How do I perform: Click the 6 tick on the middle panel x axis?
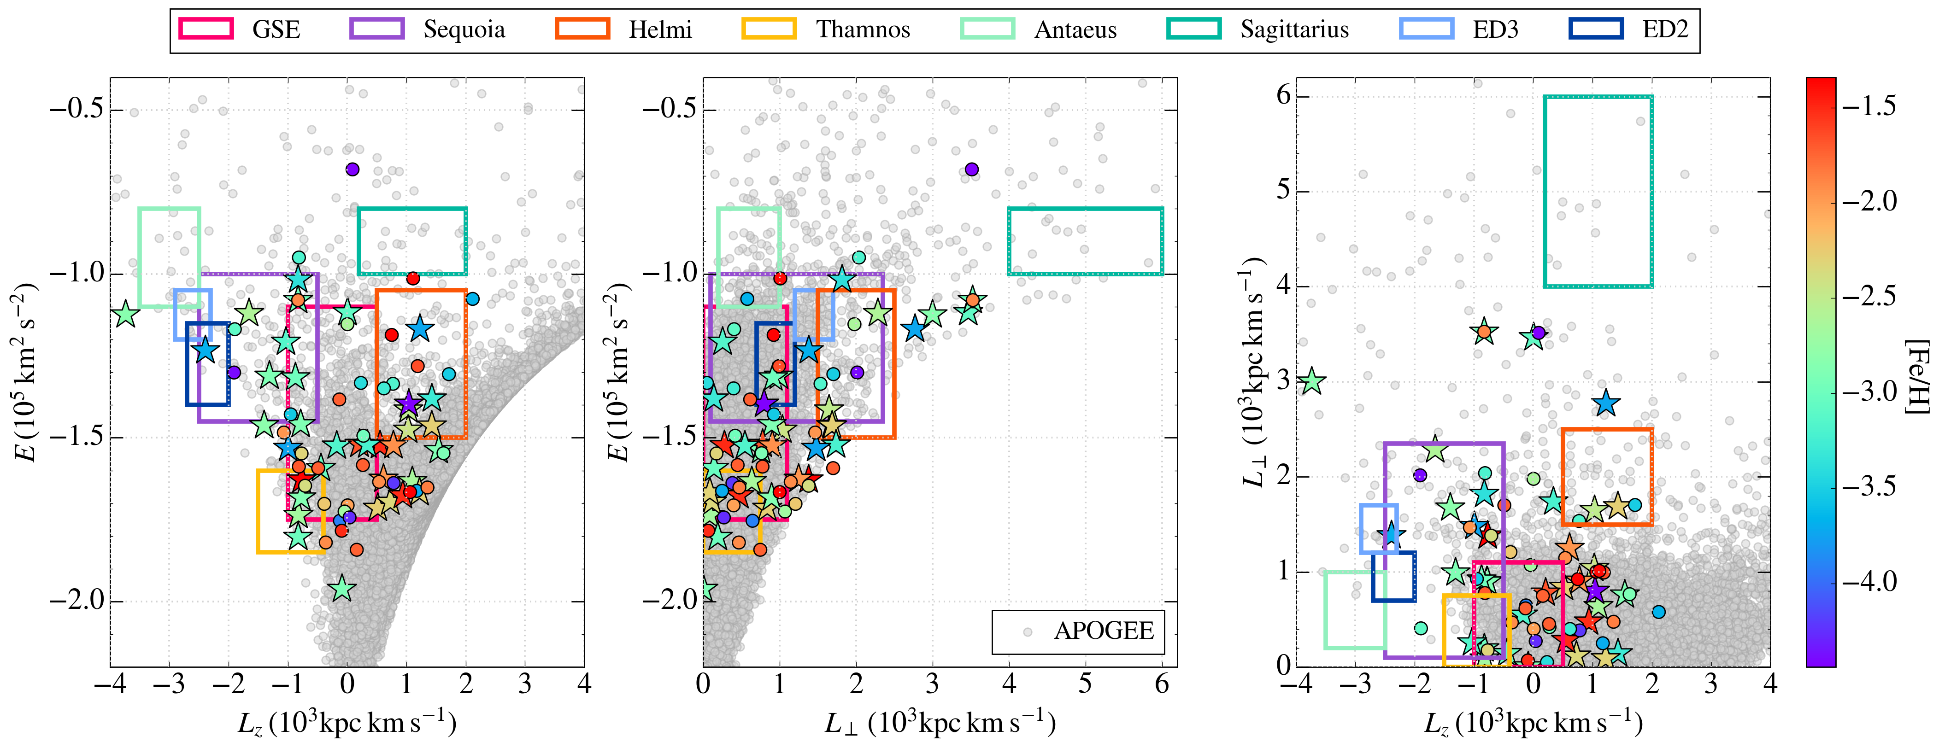pos(1162,685)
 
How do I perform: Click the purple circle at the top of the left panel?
pos(352,169)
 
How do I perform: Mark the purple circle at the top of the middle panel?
pos(972,169)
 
